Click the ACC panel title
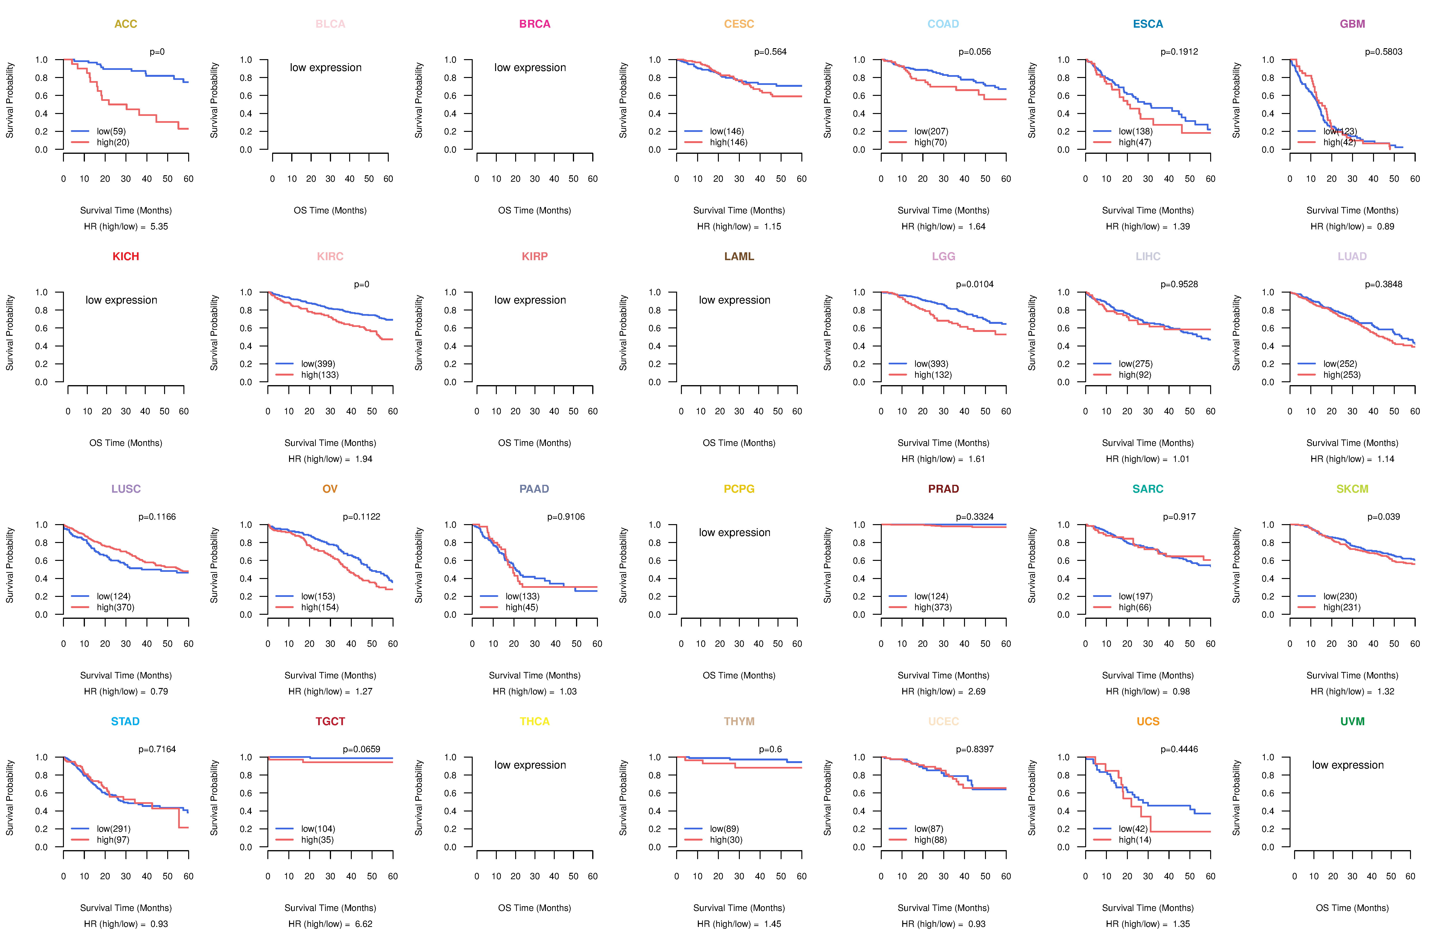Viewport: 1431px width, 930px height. click(x=126, y=24)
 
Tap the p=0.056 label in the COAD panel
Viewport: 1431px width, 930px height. click(x=975, y=52)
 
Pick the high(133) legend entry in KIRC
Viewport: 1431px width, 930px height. click(x=319, y=375)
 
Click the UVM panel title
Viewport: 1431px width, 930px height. click(x=1352, y=721)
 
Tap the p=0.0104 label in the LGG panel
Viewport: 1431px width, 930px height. click(x=975, y=284)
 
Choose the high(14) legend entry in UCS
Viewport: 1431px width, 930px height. click(x=1135, y=840)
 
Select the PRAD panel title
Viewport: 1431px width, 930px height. click(x=943, y=489)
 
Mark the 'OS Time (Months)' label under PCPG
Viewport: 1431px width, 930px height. click(x=739, y=676)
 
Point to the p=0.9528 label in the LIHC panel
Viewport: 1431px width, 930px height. click(x=1179, y=284)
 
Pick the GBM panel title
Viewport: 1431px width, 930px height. click(x=1352, y=24)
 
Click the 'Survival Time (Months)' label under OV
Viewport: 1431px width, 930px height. click(x=330, y=676)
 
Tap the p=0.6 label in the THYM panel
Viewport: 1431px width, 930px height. click(x=770, y=749)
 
